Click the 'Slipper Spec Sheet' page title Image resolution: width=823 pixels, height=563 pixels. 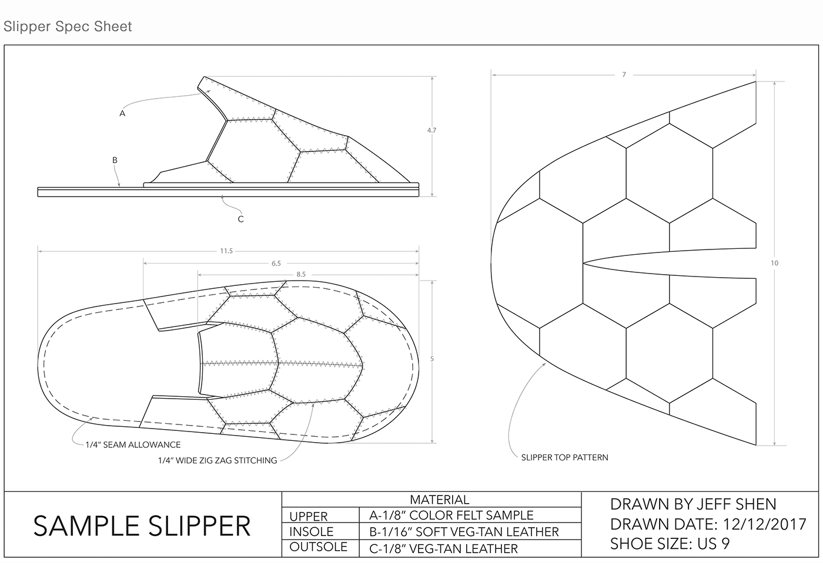point(68,26)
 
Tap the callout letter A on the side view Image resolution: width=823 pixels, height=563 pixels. point(122,113)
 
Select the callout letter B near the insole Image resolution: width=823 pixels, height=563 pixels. point(115,160)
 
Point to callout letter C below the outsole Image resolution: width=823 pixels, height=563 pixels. point(240,219)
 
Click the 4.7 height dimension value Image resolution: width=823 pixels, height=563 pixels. point(431,130)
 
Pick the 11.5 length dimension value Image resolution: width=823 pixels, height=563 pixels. point(226,251)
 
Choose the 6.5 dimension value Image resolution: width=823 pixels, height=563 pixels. point(276,264)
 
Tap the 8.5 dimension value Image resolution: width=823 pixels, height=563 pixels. point(301,274)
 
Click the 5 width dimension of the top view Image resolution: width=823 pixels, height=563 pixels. point(432,359)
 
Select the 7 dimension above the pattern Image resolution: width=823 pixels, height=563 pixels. point(624,75)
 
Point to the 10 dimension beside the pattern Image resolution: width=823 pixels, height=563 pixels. point(774,263)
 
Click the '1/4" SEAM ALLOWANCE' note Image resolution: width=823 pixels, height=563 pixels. point(133,445)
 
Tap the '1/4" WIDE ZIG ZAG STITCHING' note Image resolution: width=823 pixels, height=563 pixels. point(217,460)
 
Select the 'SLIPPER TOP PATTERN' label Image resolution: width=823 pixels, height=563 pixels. point(564,457)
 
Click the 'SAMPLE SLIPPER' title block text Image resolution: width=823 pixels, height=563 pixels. point(142,525)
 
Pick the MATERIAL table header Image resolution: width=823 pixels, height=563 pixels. point(439,500)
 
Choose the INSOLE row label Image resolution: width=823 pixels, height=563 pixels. point(311,532)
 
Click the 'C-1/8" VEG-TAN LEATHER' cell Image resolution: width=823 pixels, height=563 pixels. point(443,549)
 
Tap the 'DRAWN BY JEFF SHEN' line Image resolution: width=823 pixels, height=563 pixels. point(693,504)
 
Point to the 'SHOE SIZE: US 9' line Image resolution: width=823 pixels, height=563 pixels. point(670,544)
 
